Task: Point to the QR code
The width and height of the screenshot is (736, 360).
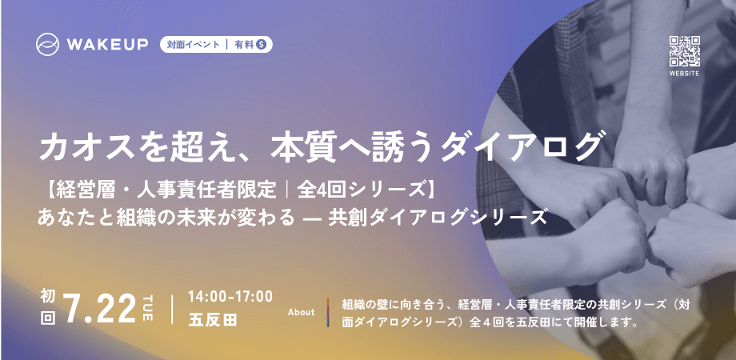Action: coord(685,51)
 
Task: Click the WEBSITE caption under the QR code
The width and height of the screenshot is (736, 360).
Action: coord(685,73)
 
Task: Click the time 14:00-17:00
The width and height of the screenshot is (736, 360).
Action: coord(230,296)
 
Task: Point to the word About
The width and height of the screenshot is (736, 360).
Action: coord(301,312)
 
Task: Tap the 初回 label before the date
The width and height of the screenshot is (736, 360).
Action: coord(47,308)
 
